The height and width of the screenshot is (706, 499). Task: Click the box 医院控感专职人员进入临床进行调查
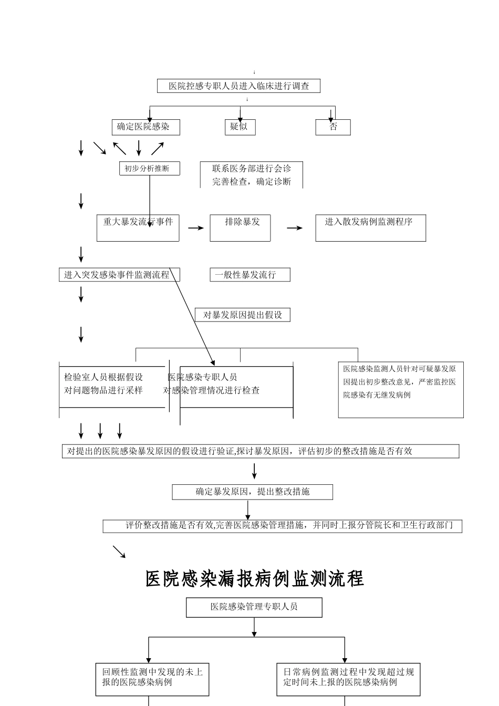(x=238, y=86)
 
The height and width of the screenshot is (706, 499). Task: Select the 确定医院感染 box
(x=146, y=127)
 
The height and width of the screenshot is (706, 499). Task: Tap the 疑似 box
(x=240, y=127)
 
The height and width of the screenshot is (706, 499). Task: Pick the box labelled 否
(x=333, y=127)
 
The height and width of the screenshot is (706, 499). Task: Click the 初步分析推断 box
(x=150, y=169)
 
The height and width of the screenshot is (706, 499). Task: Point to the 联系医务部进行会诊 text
(x=251, y=169)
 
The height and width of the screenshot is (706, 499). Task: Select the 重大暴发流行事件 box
(x=138, y=227)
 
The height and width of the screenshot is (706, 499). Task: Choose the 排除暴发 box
(x=240, y=227)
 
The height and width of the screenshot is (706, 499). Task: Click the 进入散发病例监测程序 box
(x=370, y=227)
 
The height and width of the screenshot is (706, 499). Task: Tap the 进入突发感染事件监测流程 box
(x=119, y=275)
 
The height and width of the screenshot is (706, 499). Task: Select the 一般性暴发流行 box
(x=250, y=275)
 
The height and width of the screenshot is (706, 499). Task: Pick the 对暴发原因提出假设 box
(x=242, y=315)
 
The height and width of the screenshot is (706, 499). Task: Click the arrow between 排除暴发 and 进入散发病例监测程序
(x=295, y=228)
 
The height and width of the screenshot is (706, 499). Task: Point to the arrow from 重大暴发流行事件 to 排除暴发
(x=196, y=228)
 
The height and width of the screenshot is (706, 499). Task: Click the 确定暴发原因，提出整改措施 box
(x=252, y=492)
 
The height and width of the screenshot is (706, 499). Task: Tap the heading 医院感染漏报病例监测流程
(x=255, y=579)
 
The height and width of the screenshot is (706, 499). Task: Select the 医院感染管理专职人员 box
(x=254, y=607)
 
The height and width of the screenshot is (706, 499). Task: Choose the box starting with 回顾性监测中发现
(x=152, y=679)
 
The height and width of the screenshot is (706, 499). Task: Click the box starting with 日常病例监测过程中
(x=348, y=679)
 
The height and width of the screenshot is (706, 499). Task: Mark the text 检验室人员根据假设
(x=103, y=377)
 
